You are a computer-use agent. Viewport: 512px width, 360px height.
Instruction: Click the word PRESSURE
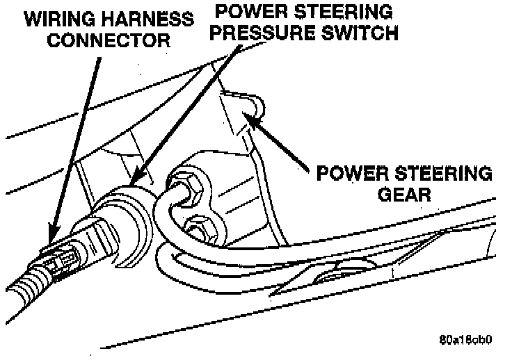point(271,33)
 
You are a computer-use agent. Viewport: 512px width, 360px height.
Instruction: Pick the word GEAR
point(404,194)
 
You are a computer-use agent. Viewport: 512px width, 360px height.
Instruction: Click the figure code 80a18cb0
point(465,341)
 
